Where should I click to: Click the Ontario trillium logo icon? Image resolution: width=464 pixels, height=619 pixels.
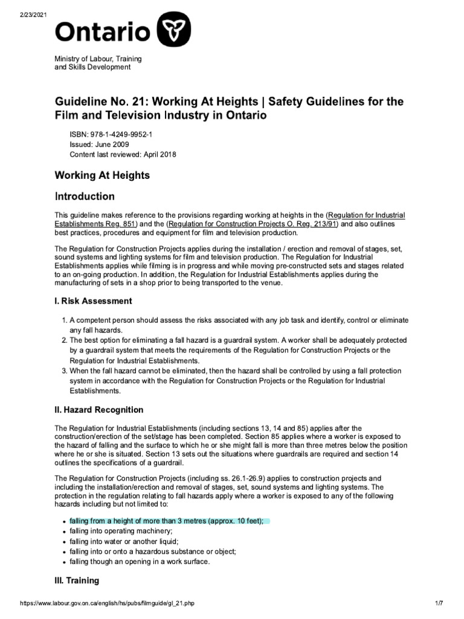(174, 31)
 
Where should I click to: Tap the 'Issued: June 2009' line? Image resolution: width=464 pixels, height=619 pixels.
(99, 145)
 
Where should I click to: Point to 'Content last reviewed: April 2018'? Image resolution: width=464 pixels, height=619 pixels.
(123, 155)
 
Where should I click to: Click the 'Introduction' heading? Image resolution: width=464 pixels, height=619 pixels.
(85, 196)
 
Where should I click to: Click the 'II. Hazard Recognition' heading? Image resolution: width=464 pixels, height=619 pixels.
(99, 410)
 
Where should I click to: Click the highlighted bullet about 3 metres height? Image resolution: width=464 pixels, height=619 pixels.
(166, 521)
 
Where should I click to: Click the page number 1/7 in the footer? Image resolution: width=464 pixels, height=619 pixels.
(439, 604)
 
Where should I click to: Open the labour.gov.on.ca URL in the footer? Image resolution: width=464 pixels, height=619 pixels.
(108, 604)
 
